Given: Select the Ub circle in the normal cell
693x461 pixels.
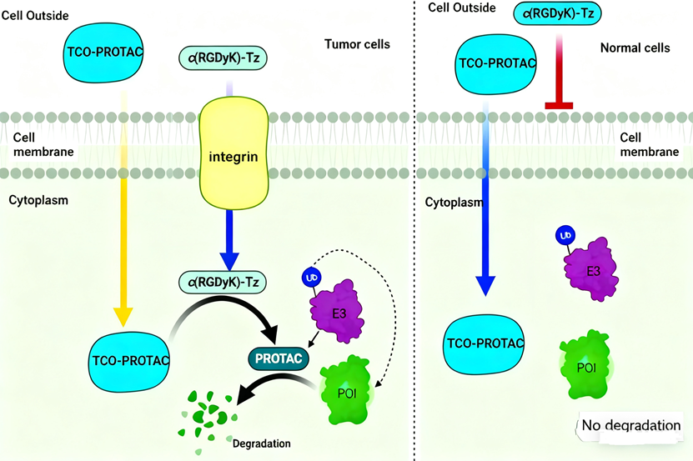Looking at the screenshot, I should click(x=565, y=235).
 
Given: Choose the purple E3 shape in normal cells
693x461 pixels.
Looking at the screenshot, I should click(x=593, y=266).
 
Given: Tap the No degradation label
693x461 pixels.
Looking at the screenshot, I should click(x=631, y=426).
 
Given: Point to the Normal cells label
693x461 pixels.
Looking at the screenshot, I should click(x=635, y=48).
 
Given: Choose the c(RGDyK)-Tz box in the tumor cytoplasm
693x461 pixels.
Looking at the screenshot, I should click(x=222, y=282).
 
